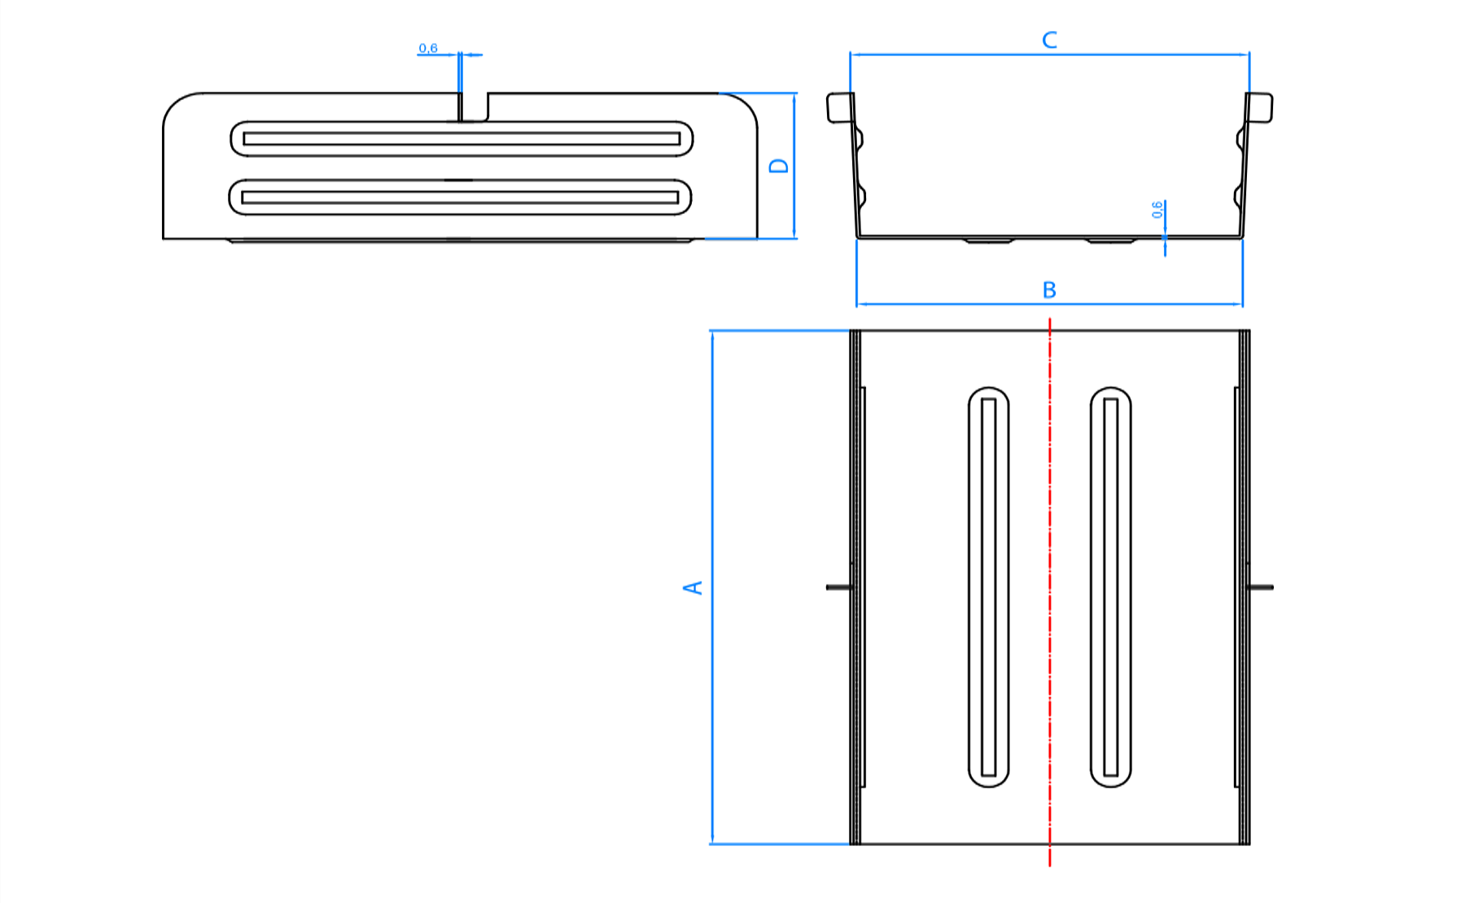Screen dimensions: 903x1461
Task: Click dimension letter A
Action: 693,587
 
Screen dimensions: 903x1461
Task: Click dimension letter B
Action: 1049,290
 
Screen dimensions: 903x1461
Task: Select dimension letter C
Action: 1049,40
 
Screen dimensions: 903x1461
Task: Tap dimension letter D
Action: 779,165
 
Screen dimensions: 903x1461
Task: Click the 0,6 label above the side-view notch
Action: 428,49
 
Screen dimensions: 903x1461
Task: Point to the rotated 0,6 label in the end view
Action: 1157,210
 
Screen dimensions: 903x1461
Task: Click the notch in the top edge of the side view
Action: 475,107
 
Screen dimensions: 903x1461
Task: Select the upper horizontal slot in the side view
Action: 461,138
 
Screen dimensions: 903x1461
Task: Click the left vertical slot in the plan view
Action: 988,587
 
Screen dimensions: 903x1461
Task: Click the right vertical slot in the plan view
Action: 1110,587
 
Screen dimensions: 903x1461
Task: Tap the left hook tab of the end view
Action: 839,107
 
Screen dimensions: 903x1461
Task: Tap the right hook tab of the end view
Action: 1260,107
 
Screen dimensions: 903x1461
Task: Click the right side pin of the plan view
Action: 1262,587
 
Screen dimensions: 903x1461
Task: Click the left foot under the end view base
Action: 989,240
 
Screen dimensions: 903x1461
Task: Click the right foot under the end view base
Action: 1111,240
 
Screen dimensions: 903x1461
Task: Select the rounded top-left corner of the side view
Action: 176,105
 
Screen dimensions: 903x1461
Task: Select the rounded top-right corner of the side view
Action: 744,105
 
